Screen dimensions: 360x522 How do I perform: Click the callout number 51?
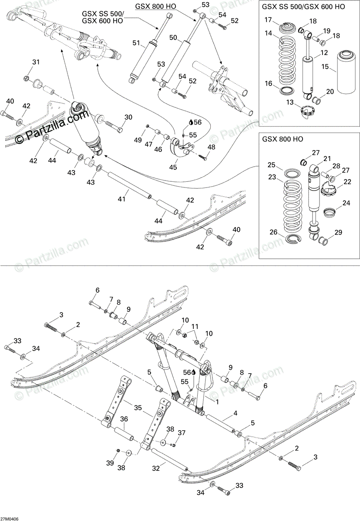tap(136, 43)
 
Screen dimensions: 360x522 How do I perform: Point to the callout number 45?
tap(173, 167)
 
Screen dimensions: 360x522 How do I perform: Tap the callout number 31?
tap(36, 62)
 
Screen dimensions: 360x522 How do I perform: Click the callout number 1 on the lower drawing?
tap(217, 402)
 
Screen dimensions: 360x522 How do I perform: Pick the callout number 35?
tap(138, 408)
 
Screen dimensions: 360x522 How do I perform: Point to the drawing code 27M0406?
tap(9, 519)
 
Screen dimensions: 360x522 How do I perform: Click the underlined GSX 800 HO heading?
tap(155, 6)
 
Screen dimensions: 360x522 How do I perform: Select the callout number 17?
tap(269, 20)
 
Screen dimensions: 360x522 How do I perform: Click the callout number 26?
tap(274, 232)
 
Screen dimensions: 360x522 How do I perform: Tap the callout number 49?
tap(138, 140)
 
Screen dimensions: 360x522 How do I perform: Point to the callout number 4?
tap(235, 413)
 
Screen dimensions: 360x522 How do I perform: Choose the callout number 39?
tap(110, 463)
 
